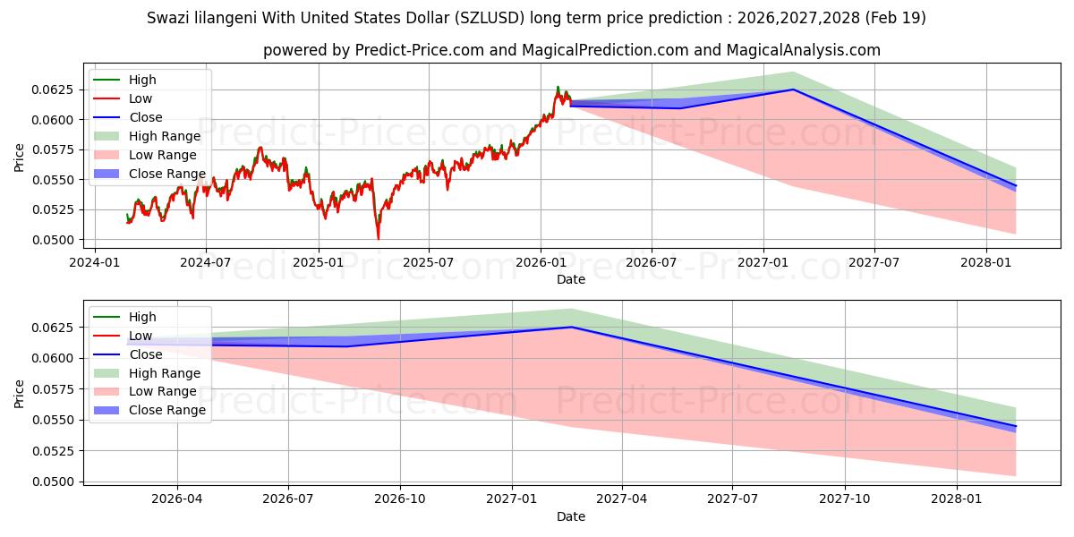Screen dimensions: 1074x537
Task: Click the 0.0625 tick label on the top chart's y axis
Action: tap(52, 89)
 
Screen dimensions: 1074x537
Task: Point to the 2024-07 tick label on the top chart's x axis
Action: tap(206, 263)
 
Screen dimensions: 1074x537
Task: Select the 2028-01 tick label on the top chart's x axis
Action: tap(986, 263)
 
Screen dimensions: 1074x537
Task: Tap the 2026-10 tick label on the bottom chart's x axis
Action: tap(400, 499)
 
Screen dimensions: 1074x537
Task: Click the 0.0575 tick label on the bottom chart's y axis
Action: tap(52, 389)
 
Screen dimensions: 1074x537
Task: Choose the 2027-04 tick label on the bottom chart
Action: tap(622, 499)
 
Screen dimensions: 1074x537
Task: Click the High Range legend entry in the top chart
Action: tap(147, 136)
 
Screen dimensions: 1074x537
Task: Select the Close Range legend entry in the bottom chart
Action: tap(149, 410)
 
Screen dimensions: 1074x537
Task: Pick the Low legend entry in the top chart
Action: tap(123, 98)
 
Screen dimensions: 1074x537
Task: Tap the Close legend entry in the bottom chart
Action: tap(128, 354)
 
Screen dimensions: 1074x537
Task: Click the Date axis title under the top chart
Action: tap(571, 279)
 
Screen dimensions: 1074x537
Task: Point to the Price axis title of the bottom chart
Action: tap(19, 394)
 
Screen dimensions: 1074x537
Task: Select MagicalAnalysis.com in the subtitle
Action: tap(804, 50)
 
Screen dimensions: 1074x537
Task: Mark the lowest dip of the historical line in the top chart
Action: tap(379, 239)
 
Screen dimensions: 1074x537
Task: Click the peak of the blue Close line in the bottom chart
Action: tap(572, 327)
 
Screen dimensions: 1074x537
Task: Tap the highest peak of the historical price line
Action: tap(558, 87)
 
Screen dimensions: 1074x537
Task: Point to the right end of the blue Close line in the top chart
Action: tap(1016, 186)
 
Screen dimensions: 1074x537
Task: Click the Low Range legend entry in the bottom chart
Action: tap(145, 392)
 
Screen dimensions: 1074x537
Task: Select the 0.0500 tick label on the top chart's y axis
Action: tap(52, 240)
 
